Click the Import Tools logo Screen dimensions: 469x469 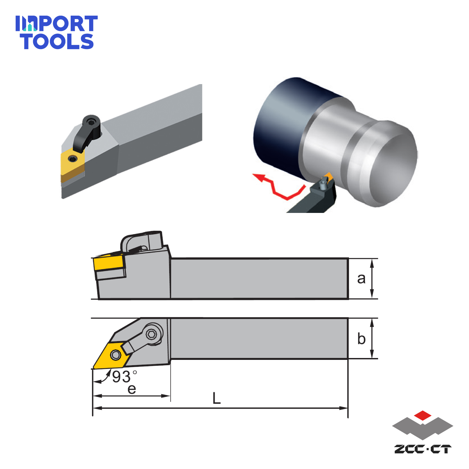pyautogui.click(x=56, y=33)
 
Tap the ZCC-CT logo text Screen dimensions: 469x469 pyautogui.click(x=423, y=449)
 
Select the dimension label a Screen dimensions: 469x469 pyautogui.click(x=361, y=278)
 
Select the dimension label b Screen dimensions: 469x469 pyautogui.click(x=361, y=339)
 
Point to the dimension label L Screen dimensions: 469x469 pyautogui.click(x=216, y=398)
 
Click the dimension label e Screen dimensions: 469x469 pyautogui.click(x=132, y=389)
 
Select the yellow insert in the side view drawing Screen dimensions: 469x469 pyautogui.click(x=108, y=263)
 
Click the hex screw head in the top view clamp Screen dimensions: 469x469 pyautogui.click(x=152, y=334)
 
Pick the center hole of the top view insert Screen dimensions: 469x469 pyautogui.click(x=115, y=355)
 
